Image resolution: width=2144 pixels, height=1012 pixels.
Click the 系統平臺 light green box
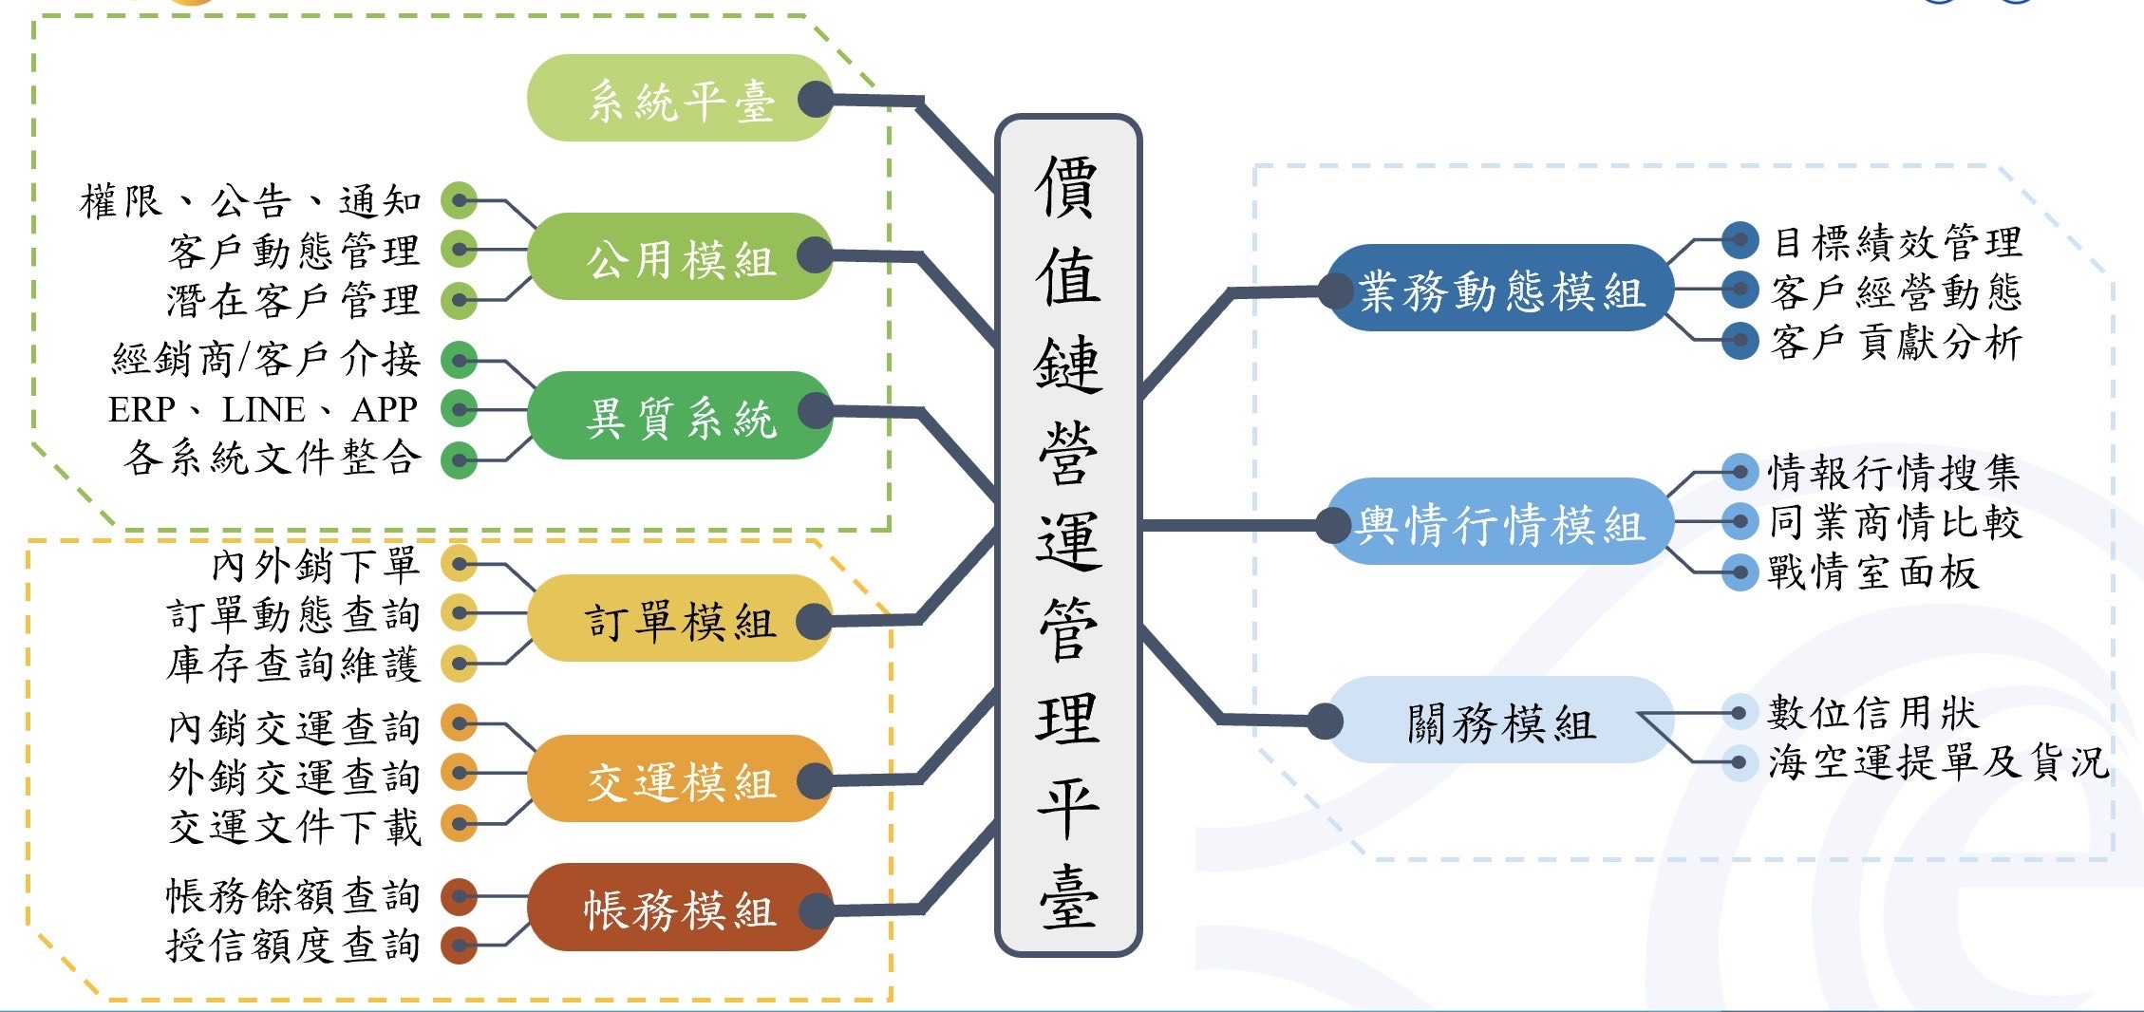coord(679,99)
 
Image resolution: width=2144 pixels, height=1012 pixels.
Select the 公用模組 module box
coord(679,257)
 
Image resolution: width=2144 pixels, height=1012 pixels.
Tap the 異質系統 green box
coord(679,416)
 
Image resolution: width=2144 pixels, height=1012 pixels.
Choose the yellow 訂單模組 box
coord(679,620)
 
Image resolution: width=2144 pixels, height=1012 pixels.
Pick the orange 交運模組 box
coord(679,779)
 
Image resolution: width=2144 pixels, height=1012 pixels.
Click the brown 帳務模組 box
coord(679,909)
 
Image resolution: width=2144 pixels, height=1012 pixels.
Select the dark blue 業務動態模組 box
coord(1500,290)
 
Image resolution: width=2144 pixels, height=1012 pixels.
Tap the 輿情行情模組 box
coord(1500,523)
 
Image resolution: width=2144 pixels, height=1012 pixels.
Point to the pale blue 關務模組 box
coord(1500,722)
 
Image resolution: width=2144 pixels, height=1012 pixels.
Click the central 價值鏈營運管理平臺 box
coord(1068,535)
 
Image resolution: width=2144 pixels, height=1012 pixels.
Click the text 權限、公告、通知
coord(251,201)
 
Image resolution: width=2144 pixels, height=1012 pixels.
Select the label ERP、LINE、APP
coord(263,409)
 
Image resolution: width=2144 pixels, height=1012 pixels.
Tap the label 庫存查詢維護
coord(293,664)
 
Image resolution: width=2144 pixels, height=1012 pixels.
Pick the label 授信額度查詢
coord(293,945)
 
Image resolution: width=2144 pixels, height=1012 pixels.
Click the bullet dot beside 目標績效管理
coord(1740,240)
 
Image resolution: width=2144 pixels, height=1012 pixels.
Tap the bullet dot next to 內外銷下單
coord(460,564)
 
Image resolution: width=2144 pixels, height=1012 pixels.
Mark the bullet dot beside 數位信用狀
coord(1739,712)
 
